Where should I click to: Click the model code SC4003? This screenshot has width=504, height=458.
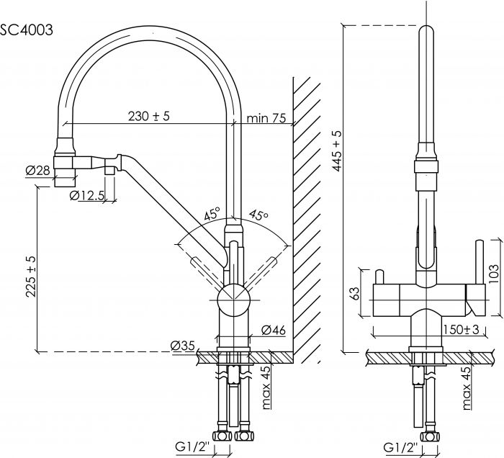[x=26, y=30]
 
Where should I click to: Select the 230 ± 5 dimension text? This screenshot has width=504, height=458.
[x=148, y=117]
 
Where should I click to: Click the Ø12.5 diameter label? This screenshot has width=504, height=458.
[x=87, y=195]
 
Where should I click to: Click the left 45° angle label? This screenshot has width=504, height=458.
[x=212, y=215]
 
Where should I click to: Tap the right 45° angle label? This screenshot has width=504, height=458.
[x=258, y=215]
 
